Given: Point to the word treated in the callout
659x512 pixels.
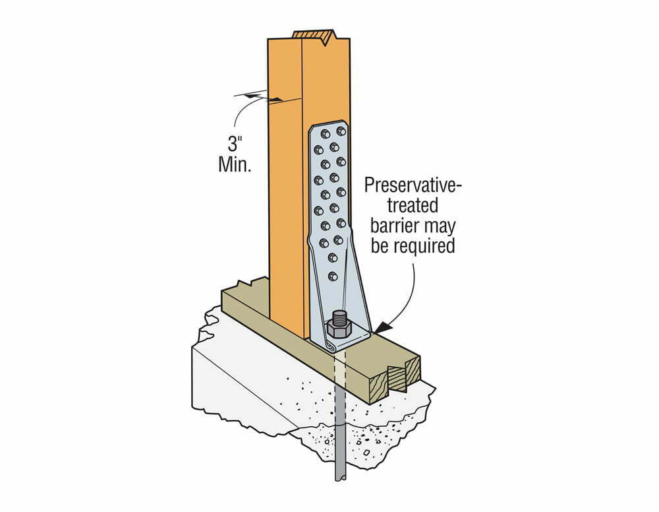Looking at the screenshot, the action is coord(413,206).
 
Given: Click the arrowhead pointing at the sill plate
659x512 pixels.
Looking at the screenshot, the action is coord(383,327).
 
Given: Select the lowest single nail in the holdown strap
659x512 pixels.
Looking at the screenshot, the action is coord(333,276).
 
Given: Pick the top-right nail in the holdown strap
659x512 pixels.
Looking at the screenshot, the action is coord(339,133).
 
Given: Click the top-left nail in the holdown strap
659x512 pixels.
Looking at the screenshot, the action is coord(325,134).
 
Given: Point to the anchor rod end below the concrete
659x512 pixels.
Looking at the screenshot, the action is coord(340,476).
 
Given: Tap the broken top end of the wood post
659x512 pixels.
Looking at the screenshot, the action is coord(315,36).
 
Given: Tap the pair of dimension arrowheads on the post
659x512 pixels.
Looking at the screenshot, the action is coord(265,98).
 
